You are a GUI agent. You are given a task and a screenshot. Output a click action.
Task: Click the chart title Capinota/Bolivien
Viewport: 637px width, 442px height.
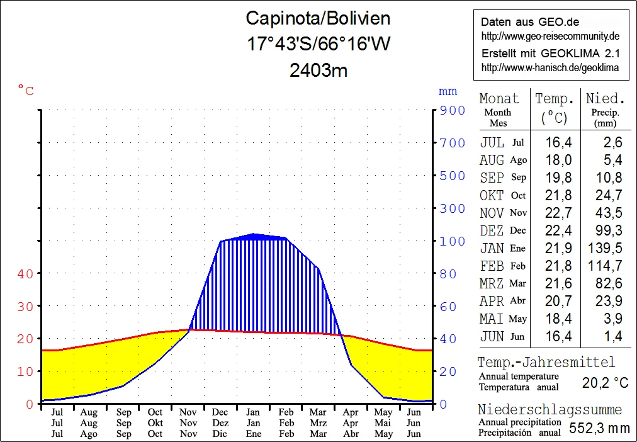click(318, 18)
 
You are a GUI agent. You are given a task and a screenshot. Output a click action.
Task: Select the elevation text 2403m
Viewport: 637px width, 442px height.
click(318, 70)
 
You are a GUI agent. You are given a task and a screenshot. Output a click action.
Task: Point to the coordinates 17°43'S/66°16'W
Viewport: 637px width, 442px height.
click(318, 44)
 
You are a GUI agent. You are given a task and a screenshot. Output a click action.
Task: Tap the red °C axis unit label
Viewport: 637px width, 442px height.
click(26, 91)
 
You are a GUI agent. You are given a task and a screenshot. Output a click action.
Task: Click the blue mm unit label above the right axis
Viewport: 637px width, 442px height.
click(448, 92)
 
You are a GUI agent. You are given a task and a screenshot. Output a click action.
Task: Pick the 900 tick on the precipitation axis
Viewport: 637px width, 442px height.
click(453, 110)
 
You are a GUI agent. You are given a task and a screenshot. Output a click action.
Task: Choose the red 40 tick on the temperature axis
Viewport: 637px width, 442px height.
click(25, 273)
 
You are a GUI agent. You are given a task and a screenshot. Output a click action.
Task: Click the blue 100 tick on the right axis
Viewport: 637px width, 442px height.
click(453, 241)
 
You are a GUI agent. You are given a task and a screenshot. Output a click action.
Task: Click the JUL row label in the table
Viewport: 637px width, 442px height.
click(492, 142)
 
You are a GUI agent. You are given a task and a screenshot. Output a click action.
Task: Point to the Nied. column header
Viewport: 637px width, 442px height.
click(606, 99)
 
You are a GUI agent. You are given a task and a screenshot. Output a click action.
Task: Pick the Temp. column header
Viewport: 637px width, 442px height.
click(555, 99)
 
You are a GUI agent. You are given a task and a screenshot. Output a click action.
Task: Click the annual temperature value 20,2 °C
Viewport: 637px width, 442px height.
click(605, 382)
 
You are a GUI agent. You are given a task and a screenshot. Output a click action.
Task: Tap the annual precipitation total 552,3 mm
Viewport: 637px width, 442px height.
click(599, 428)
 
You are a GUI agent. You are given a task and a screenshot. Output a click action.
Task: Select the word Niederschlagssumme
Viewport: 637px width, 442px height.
click(549, 410)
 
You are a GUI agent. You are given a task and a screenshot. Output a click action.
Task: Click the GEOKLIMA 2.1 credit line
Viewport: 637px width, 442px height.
click(551, 54)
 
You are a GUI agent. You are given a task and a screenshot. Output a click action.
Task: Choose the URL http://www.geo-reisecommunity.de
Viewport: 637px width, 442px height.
click(551, 36)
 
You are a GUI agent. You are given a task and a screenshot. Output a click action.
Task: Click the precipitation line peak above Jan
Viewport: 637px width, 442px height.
click(254, 234)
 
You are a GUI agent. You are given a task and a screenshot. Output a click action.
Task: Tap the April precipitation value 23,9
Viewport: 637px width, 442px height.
click(608, 301)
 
